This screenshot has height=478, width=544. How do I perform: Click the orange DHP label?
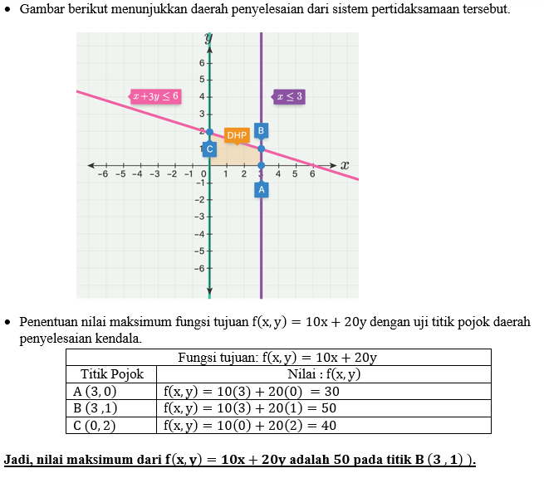(x=237, y=135)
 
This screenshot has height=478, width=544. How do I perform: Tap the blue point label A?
(x=261, y=189)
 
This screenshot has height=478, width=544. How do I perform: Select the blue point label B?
(x=261, y=130)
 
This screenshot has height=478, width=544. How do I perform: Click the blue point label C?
(x=209, y=149)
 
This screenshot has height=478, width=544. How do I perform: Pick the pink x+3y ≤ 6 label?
(x=155, y=96)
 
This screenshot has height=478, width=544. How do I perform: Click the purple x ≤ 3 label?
(x=289, y=96)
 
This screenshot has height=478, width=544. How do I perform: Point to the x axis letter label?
(x=345, y=165)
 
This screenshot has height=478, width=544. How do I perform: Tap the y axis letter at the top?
(x=208, y=38)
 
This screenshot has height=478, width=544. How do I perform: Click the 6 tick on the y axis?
(x=202, y=63)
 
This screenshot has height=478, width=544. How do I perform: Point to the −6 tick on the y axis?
(x=199, y=268)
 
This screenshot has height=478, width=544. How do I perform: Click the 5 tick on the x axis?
(x=295, y=174)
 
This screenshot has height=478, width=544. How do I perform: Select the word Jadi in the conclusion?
(x=18, y=459)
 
